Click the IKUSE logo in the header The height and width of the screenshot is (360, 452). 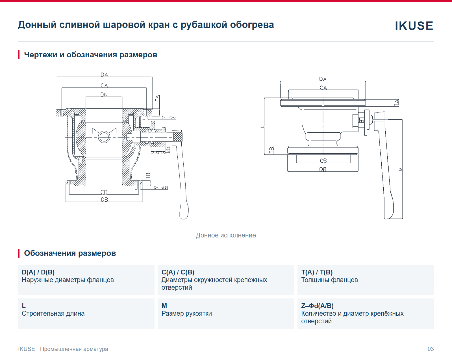pyautogui.click(x=414, y=26)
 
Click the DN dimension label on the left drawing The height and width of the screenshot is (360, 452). pyautogui.click(x=104, y=95)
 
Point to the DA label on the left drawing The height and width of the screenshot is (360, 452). pyautogui.click(x=104, y=75)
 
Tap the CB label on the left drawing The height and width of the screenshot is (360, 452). pyautogui.click(x=104, y=192)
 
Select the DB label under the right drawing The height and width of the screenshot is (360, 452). pyautogui.click(x=323, y=169)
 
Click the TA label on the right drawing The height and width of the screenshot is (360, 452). pyautogui.click(x=396, y=103)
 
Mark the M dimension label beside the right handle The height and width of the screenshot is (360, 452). pyautogui.click(x=400, y=169)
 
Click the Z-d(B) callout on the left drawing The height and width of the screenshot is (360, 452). pyautogui.click(x=161, y=187)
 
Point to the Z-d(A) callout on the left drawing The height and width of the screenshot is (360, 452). pyautogui.click(x=168, y=117)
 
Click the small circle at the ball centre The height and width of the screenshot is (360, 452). pyautogui.click(x=104, y=137)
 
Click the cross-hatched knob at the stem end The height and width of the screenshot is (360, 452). pyautogui.click(x=178, y=137)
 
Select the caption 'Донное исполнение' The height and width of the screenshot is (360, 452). pyautogui.click(x=226, y=235)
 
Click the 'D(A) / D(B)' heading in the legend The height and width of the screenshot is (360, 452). pyautogui.click(x=38, y=272)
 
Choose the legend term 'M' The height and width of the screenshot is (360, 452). pyautogui.click(x=164, y=306)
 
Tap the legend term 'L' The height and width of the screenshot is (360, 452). pyautogui.click(x=24, y=306)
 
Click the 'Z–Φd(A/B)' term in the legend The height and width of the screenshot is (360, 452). pyautogui.click(x=317, y=306)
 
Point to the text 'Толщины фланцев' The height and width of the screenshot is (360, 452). pyautogui.click(x=330, y=280)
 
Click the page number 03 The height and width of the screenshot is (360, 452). pyautogui.click(x=431, y=349)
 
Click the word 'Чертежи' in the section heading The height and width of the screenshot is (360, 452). pyautogui.click(x=40, y=54)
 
